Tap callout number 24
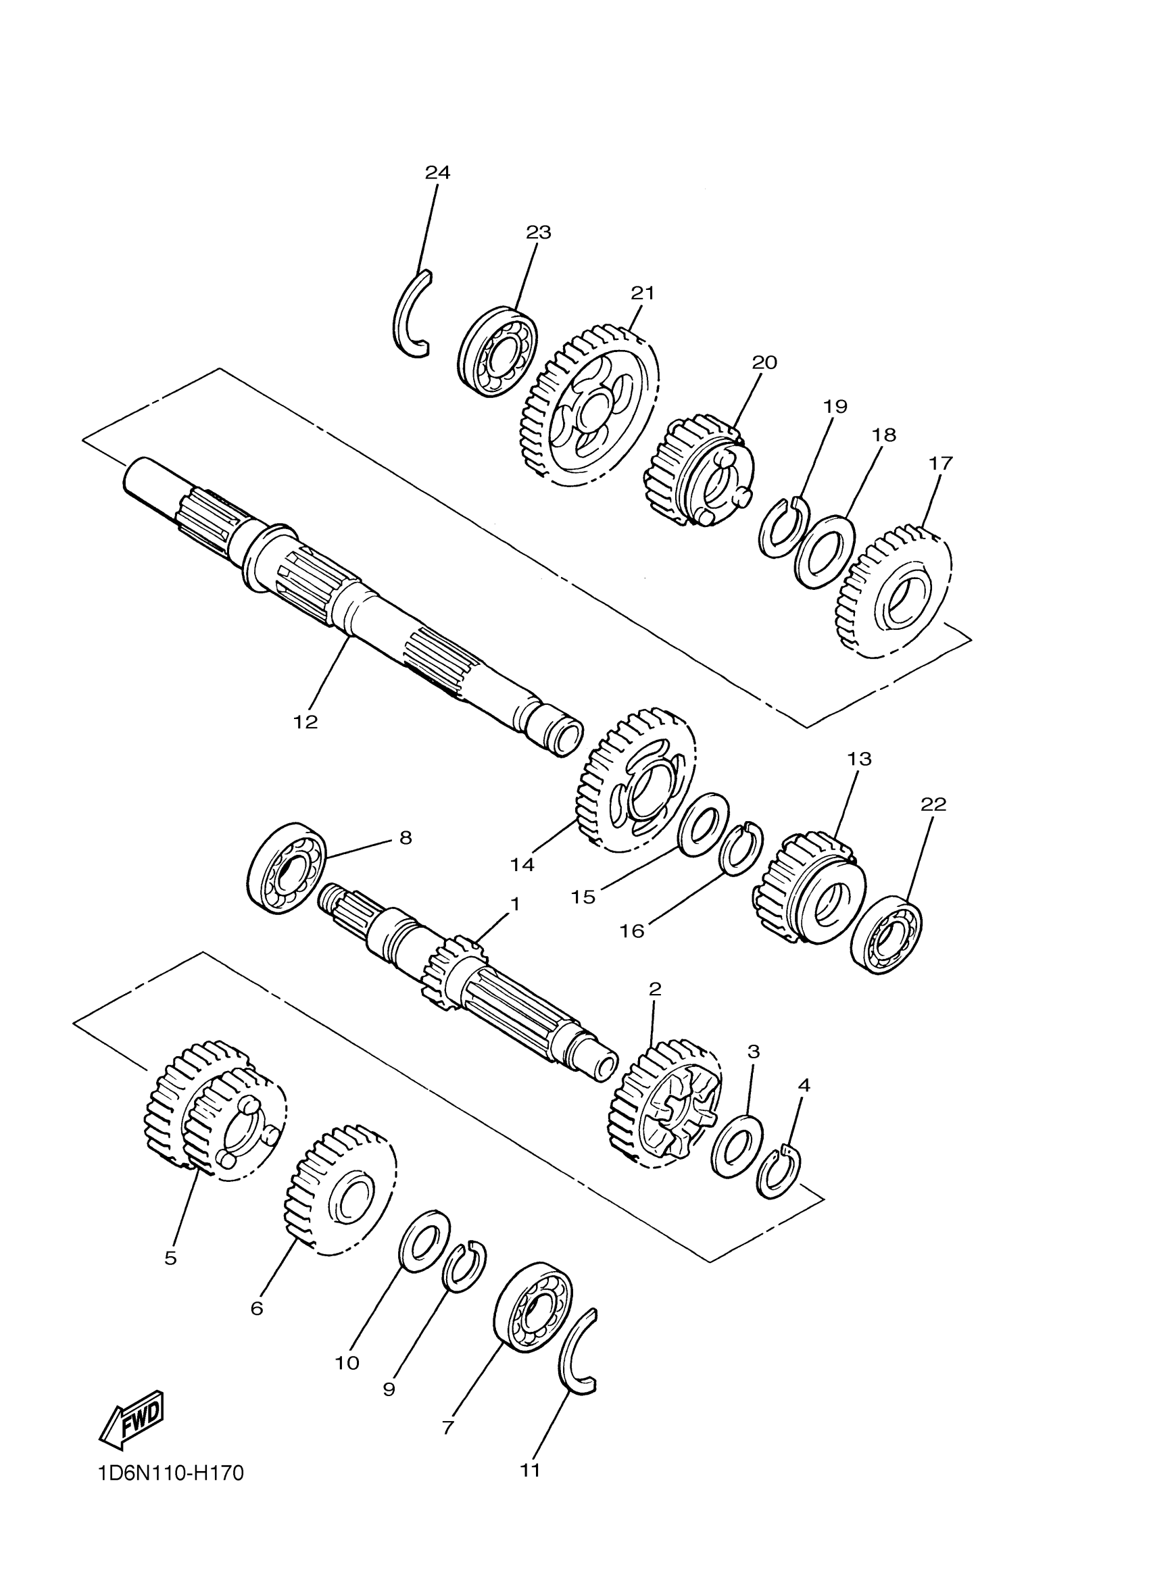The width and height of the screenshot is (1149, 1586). [x=438, y=172]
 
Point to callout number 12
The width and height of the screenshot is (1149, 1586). [x=305, y=722]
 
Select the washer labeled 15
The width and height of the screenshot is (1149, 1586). [x=704, y=824]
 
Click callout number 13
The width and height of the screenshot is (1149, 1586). [x=860, y=758]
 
